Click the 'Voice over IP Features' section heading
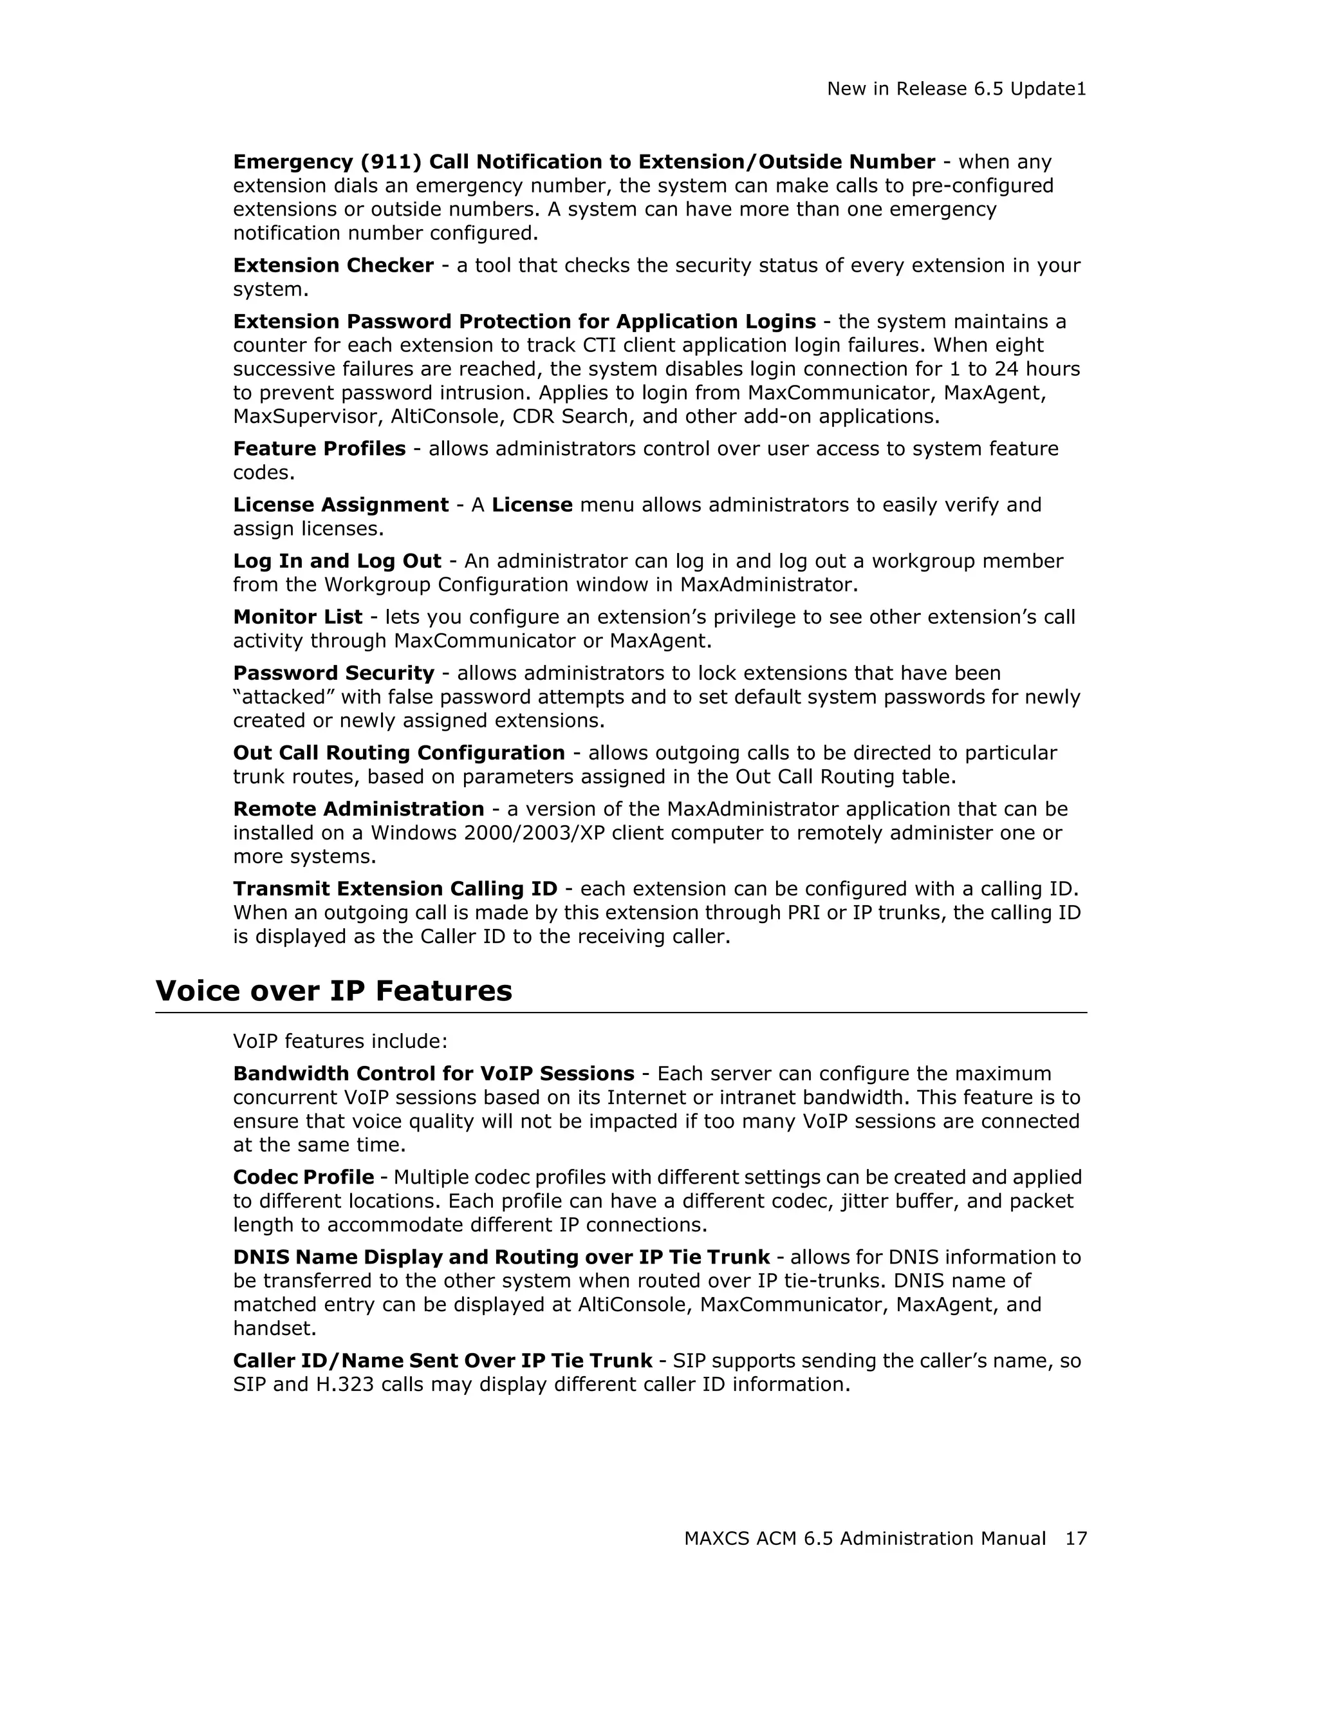(x=333, y=991)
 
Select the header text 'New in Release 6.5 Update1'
(x=956, y=89)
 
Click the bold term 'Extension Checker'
(x=333, y=265)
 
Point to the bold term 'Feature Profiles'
(x=319, y=449)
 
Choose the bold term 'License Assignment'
(x=341, y=505)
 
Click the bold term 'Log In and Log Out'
(x=337, y=561)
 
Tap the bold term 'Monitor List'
(x=297, y=617)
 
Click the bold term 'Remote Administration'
(x=358, y=809)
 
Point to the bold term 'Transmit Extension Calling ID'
(x=395, y=889)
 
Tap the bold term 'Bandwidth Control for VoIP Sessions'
(x=433, y=1074)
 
